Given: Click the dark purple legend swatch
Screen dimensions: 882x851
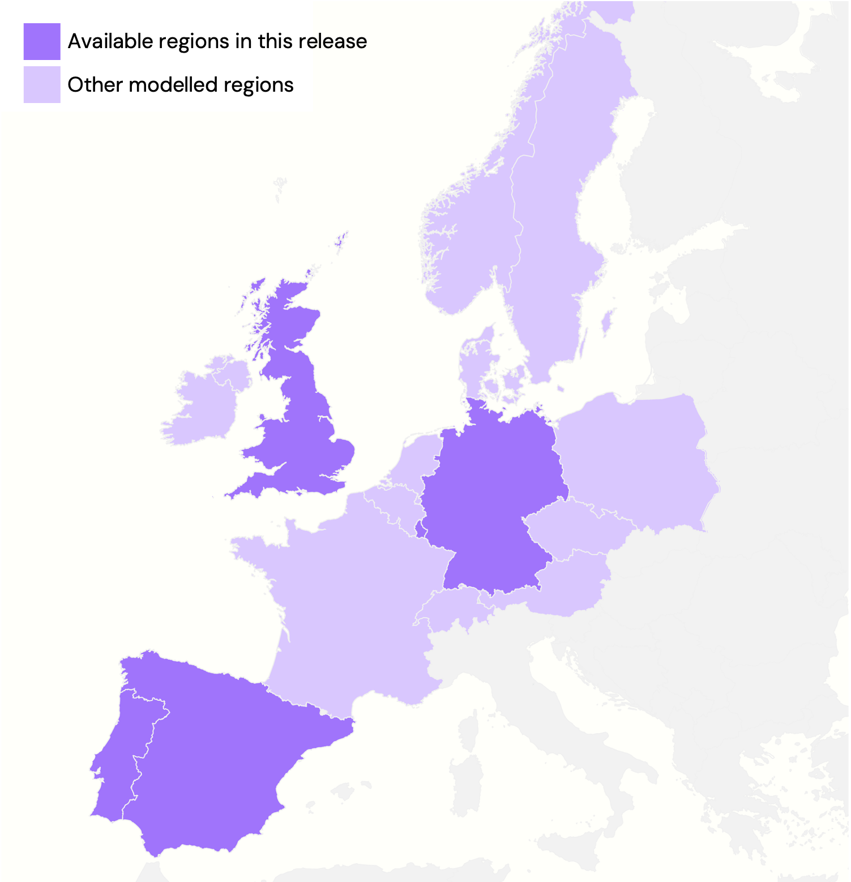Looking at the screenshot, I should coord(42,41).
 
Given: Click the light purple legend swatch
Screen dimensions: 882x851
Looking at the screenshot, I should coord(42,85).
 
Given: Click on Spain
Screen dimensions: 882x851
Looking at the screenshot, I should coord(215,753).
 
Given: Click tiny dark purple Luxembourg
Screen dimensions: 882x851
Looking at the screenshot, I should coord(420,530).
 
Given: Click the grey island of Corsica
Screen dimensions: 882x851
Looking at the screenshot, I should coord(469,730).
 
